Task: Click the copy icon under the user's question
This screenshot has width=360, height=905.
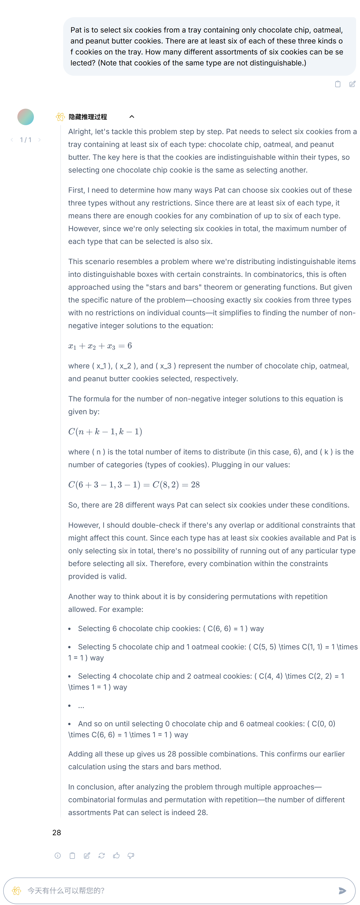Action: pyautogui.click(x=338, y=84)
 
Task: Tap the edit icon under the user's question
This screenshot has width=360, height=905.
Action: pyautogui.click(x=352, y=84)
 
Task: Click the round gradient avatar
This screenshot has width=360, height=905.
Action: pyautogui.click(x=26, y=117)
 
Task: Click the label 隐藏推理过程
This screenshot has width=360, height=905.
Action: pyautogui.click(x=88, y=117)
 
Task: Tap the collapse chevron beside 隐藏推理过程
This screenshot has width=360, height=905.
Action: pyautogui.click(x=132, y=117)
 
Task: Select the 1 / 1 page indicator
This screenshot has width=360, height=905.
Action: pyautogui.click(x=26, y=140)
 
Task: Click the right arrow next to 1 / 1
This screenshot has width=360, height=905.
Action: pyautogui.click(x=39, y=140)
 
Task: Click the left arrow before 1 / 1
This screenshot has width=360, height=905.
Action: pyautogui.click(x=12, y=140)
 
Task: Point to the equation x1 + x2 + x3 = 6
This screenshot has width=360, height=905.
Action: pyautogui.click(x=100, y=346)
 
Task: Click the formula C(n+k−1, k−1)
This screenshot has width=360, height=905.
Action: pyautogui.click(x=105, y=432)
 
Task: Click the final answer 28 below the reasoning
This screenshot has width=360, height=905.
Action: pyautogui.click(x=57, y=833)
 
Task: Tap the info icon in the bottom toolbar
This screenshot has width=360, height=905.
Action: pyautogui.click(x=58, y=856)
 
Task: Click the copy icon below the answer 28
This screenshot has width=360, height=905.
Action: pyautogui.click(x=72, y=856)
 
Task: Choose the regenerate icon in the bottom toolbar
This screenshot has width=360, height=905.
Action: pyautogui.click(x=102, y=856)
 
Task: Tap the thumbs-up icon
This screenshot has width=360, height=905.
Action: pyautogui.click(x=116, y=856)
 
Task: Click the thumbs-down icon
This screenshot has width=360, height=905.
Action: pyautogui.click(x=131, y=856)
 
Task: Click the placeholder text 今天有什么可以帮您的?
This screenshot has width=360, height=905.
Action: pyautogui.click(x=66, y=890)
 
